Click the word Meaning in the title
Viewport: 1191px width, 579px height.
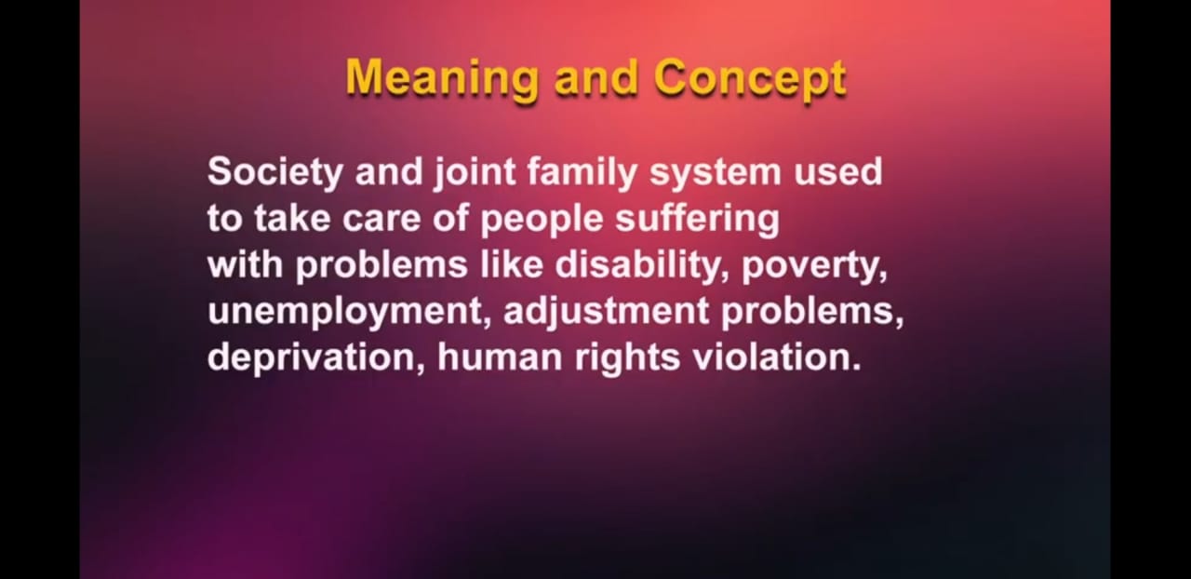click(x=441, y=79)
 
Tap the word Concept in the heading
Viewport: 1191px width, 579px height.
click(x=750, y=79)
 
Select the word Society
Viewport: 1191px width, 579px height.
click(x=274, y=172)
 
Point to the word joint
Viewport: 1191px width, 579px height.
click(x=475, y=172)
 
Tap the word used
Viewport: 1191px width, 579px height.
click(x=838, y=172)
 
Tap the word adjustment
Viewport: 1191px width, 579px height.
click(x=606, y=312)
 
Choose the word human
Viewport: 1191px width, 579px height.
click(x=500, y=357)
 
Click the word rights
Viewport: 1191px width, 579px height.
click(x=627, y=357)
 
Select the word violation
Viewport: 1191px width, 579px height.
click(x=776, y=357)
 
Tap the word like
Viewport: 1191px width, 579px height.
click(x=512, y=264)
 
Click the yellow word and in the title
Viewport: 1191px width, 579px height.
click(x=595, y=79)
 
